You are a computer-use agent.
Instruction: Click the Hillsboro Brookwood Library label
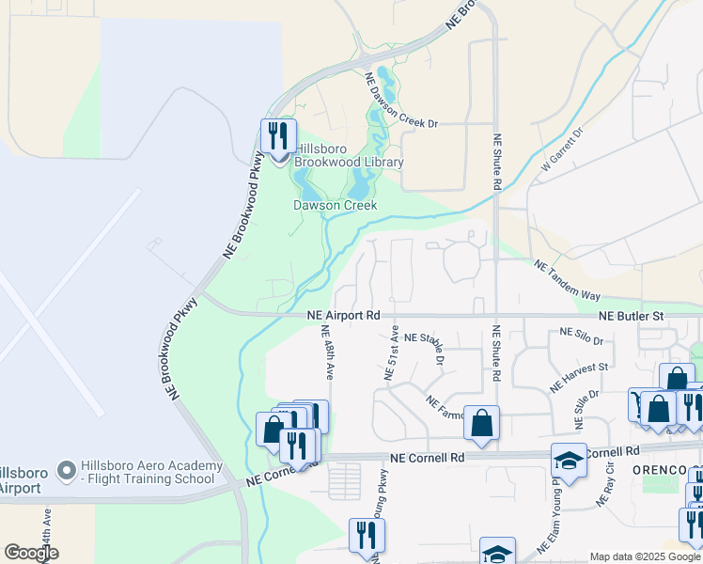point(350,155)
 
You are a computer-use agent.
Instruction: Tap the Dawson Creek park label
point(336,205)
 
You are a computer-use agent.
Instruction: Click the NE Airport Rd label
point(343,316)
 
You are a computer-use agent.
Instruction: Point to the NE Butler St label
point(631,317)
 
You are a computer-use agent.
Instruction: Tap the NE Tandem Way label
point(567,280)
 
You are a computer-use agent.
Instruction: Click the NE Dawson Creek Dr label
point(398,102)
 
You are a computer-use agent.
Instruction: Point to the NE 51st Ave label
point(392,352)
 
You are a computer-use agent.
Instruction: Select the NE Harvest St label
point(579,377)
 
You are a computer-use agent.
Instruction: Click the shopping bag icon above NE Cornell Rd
point(481,423)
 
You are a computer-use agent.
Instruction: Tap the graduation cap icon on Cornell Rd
point(569,460)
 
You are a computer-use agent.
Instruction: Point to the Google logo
point(31,553)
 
